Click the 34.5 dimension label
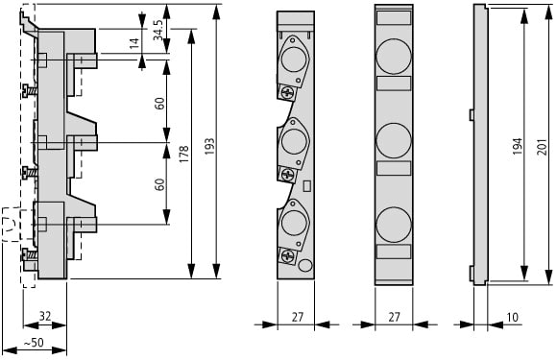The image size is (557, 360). click(x=158, y=30)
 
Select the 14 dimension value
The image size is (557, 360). click(x=133, y=43)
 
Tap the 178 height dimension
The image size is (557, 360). click(x=183, y=155)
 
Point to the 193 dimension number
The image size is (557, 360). click(x=209, y=146)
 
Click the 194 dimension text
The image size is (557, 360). click(x=518, y=146)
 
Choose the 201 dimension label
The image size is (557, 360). click(x=542, y=146)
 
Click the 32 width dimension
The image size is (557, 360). click(x=45, y=316)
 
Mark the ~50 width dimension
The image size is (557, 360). click(x=34, y=343)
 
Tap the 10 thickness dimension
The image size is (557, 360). click(x=512, y=317)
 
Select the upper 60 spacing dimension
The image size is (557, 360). click(x=159, y=103)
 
